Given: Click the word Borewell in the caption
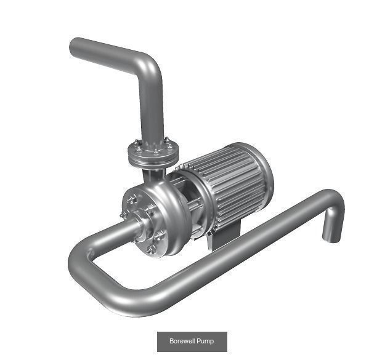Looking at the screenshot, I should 184,342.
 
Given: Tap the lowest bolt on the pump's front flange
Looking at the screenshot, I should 152,249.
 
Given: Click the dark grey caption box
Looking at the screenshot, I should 192,342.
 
